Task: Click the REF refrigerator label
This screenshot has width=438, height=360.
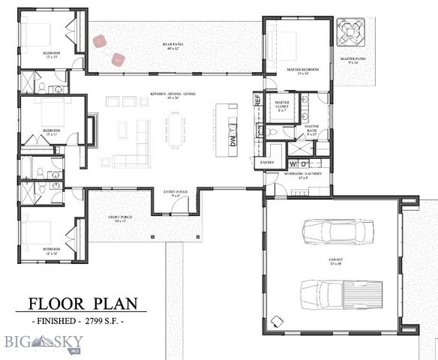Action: (x=256, y=99)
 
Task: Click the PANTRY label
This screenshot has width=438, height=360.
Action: (x=267, y=162)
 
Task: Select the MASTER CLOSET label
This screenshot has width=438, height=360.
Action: (x=282, y=106)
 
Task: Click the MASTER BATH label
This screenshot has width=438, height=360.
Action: (x=312, y=128)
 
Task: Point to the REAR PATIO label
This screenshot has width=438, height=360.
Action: (x=173, y=46)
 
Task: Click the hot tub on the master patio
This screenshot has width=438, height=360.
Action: (x=350, y=31)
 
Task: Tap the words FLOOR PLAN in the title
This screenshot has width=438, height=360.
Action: (x=83, y=304)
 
